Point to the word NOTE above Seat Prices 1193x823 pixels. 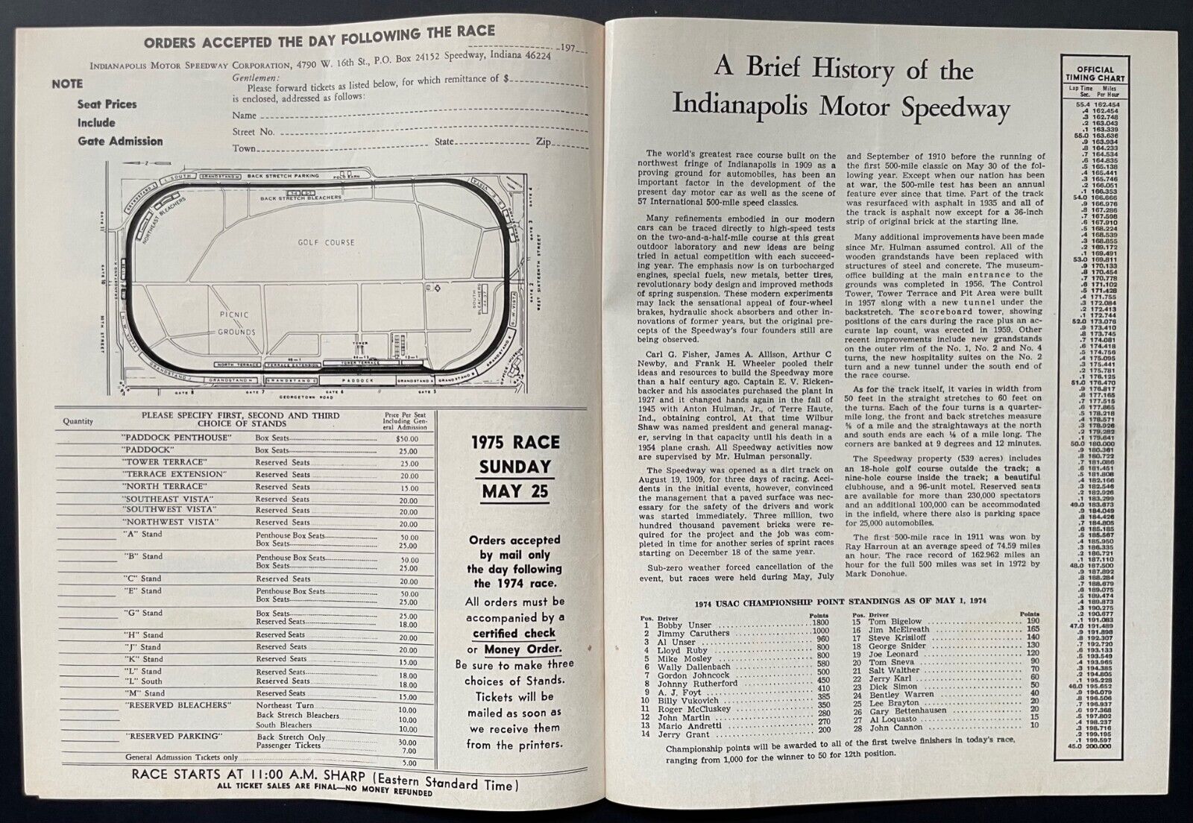(67, 84)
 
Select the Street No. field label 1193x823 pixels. (253, 132)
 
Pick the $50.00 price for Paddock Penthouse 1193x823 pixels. (407, 438)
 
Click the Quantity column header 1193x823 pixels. (78, 421)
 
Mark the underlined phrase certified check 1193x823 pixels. (515, 633)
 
